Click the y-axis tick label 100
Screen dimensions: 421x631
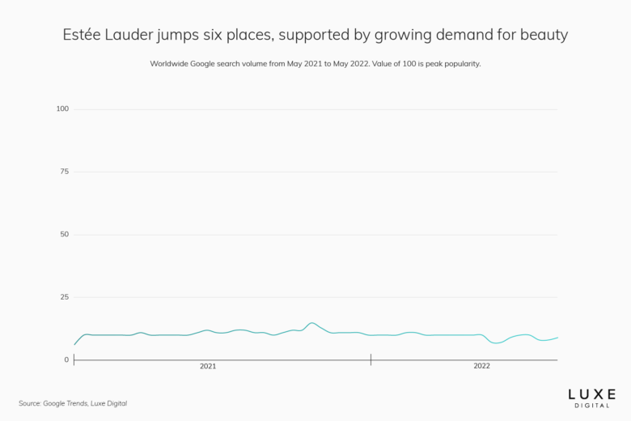pyautogui.click(x=62, y=108)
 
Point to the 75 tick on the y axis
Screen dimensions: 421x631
pyautogui.click(x=64, y=172)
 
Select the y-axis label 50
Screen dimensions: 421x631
pyautogui.click(x=64, y=234)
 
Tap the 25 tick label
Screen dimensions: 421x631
pyautogui.click(x=64, y=297)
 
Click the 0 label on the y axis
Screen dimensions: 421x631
pyautogui.click(x=66, y=359)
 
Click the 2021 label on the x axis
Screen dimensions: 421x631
pyautogui.click(x=208, y=367)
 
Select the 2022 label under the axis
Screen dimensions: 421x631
pyautogui.click(x=481, y=367)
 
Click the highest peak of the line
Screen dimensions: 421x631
pyautogui.click(x=312, y=323)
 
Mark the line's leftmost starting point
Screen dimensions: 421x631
pyautogui.click(x=74, y=345)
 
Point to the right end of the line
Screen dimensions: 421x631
pyautogui.click(x=557, y=338)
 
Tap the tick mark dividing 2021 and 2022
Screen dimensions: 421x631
pyautogui.click(x=371, y=359)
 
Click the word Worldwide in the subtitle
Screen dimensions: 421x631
pyautogui.click(x=171, y=63)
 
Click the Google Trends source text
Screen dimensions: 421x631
pyautogui.click(x=68, y=403)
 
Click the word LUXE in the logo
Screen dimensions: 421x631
pyautogui.click(x=591, y=393)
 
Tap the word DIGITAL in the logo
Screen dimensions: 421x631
pyautogui.click(x=591, y=405)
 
